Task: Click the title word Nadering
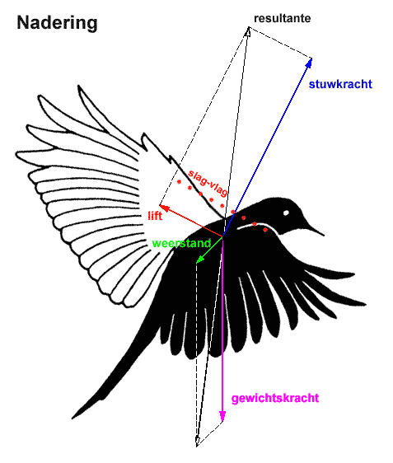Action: pos(57,23)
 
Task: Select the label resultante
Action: pos(283,18)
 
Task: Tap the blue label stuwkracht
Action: pos(340,85)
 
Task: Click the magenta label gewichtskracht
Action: pos(275,398)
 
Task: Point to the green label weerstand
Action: pos(181,243)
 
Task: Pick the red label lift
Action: pos(155,216)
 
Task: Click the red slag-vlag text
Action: pos(208,183)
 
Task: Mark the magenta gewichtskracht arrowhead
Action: pos(222,417)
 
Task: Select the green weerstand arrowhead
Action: pos(199,259)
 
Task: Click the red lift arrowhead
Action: pos(164,207)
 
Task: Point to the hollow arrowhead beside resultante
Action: pos(247,32)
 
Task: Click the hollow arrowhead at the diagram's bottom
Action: pos(198,441)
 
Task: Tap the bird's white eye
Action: pos(286,213)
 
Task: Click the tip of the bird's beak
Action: pos(324,236)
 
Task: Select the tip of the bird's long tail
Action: pos(73,418)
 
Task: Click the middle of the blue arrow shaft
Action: pos(266,149)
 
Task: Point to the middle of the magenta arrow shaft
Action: pos(222,328)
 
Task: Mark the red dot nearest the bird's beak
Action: pos(265,229)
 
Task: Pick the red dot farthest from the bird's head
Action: pos(179,182)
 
